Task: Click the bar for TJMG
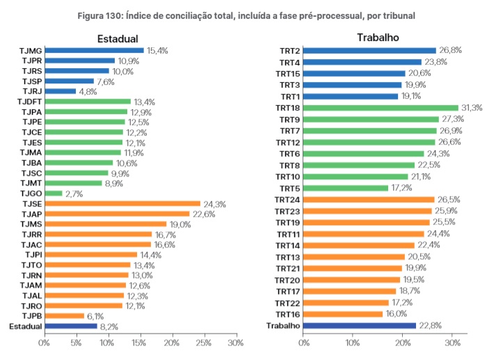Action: coord(94,51)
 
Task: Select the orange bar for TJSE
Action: coord(122,204)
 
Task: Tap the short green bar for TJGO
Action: coord(53,193)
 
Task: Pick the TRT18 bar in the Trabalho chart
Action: coord(381,108)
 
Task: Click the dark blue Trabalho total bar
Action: coord(360,325)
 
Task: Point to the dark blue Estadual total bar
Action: coord(70,325)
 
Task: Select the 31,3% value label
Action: coord(472,108)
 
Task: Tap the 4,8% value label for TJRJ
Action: coord(88,91)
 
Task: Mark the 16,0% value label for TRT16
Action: coord(397,314)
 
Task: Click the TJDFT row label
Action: coord(29,102)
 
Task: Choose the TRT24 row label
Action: coord(287,199)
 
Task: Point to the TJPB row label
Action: coord(31,316)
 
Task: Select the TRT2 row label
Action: coord(289,51)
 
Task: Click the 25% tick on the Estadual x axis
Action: coord(204,343)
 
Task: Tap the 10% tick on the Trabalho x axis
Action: coord(353,343)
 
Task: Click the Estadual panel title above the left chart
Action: coord(117,39)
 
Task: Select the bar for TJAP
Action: coord(117,214)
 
